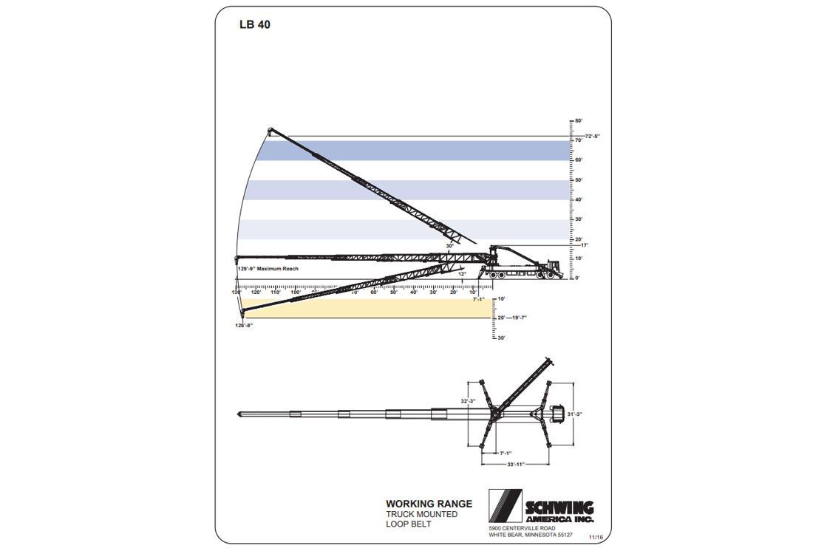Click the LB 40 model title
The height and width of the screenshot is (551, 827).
pyautogui.click(x=255, y=24)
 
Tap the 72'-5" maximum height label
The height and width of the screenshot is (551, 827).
pyautogui.click(x=592, y=137)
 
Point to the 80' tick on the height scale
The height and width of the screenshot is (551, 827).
pyautogui.click(x=578, y=120)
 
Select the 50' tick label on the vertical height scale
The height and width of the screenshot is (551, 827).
pyautogui.click(x=578, y=179)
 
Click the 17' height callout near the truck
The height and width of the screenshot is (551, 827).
pyautogui.click(x=584, y=245)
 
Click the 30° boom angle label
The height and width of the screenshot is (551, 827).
pyautogui.click(x=449, y=246)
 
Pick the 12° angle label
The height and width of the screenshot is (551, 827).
pyautogui.click(x=463, y=273)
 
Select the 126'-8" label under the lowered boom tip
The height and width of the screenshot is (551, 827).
pyautogui.click(x=245, y=325)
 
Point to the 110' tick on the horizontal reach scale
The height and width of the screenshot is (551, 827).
pyautogui.click(x=276, y=292)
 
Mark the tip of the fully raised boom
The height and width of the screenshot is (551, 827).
pyautogui.click(x=270, y=131)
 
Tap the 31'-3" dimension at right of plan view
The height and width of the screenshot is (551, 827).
pyautogui.click(x=574, y=414)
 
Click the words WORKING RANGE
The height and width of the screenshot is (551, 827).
pyautogui.click(x=429, y=504)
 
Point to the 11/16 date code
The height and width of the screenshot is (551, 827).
pyautogui.click(x=596, y=539)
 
